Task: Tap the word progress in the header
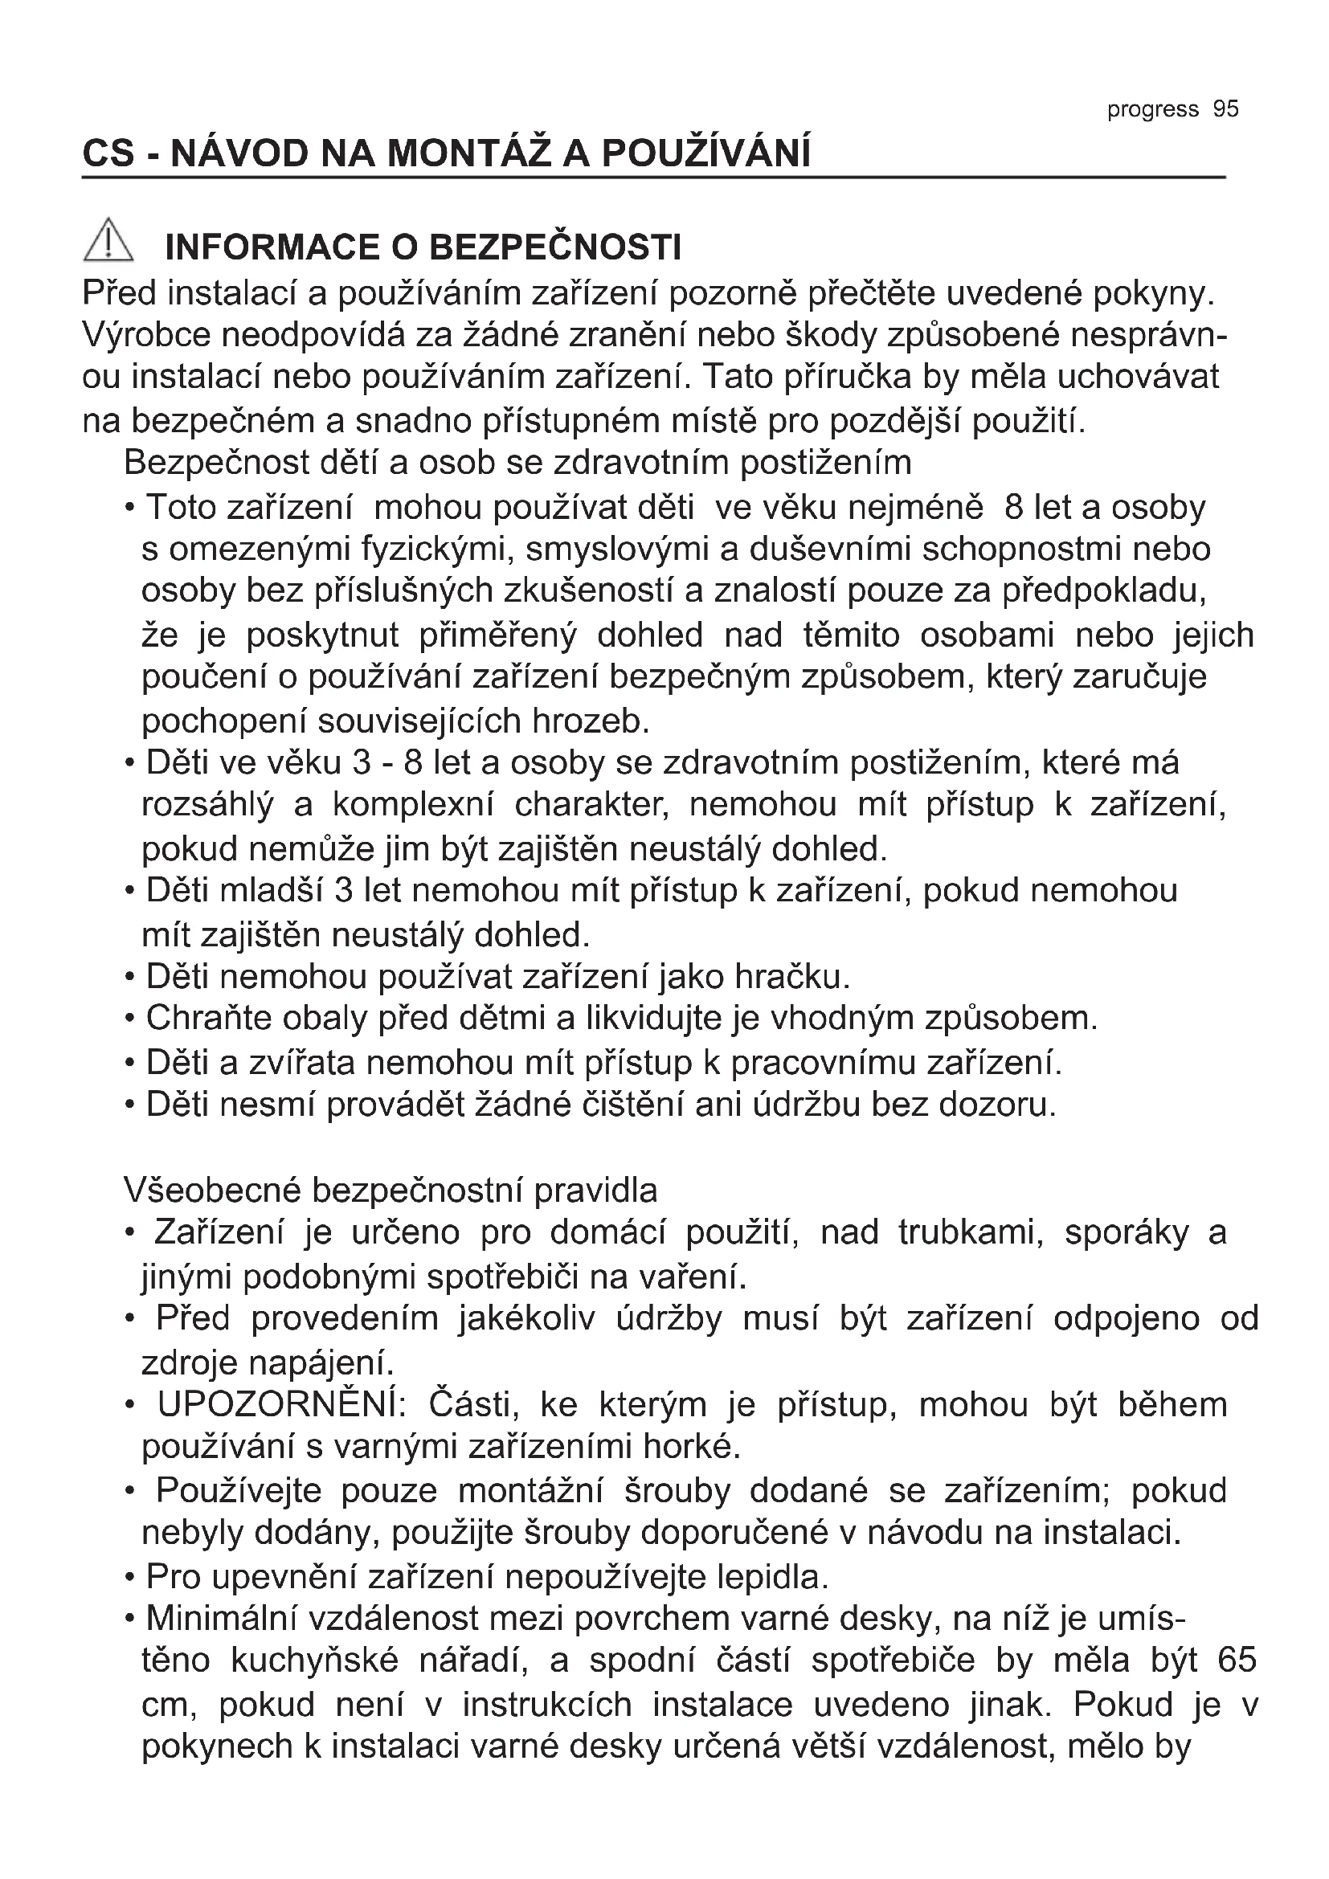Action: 1152,110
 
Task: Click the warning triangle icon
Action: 108,243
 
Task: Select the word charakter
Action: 591,804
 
